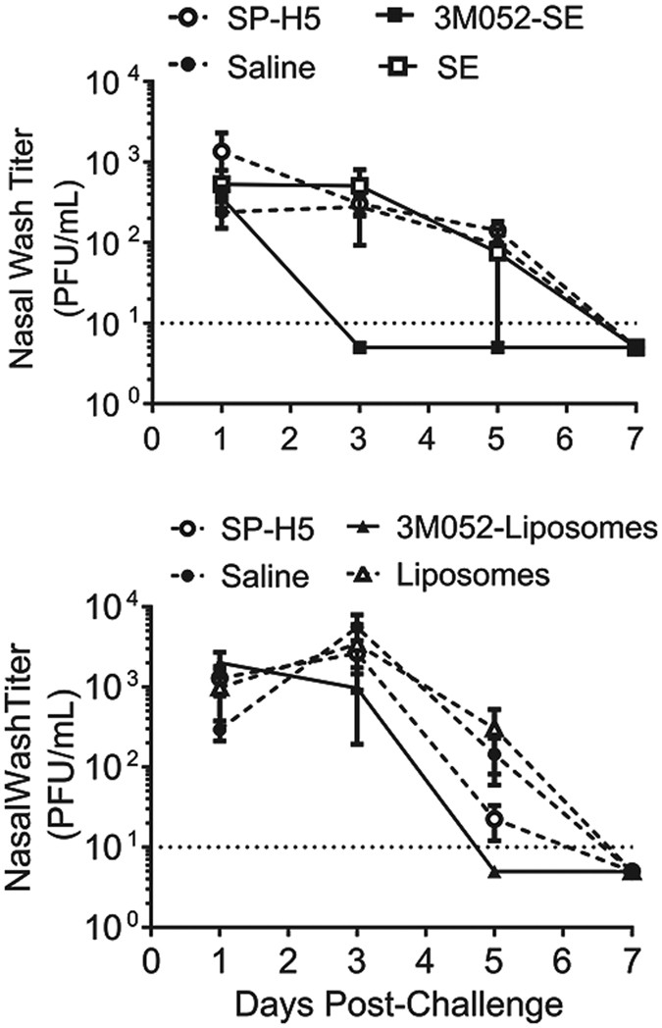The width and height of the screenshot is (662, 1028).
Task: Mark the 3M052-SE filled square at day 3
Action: point(360,347)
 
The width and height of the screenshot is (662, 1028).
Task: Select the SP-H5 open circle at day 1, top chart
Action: point(222,152)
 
